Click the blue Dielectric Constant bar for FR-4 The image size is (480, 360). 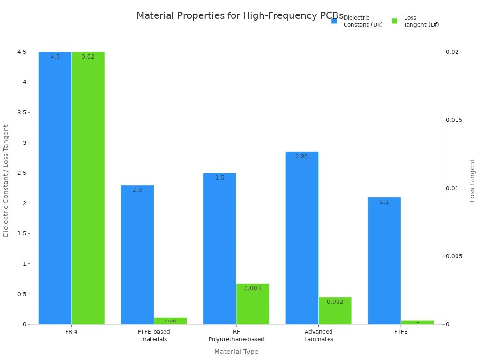click(x=55, y=187)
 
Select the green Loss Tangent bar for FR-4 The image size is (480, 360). click(x=88, y=187)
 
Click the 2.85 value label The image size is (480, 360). click(x=302, y=157)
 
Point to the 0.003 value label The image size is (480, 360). click(x=252, y=288)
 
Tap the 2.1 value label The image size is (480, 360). click(x=384, y=202)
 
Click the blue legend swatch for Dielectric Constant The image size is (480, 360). click(x=334, y=21)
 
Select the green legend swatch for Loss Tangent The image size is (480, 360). click(x=395, y=21)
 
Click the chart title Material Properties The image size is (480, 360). click(x=240, y=15)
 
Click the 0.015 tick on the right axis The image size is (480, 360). click(x=454, y=120)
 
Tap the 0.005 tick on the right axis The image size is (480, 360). click(x=454, y=256)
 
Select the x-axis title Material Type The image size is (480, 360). click(x=236, y=352)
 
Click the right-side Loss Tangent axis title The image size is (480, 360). click(x=472, y=180)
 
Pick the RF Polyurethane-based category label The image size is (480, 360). click(x=236, y=336)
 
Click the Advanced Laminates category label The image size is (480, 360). click(x=318, y=336)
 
